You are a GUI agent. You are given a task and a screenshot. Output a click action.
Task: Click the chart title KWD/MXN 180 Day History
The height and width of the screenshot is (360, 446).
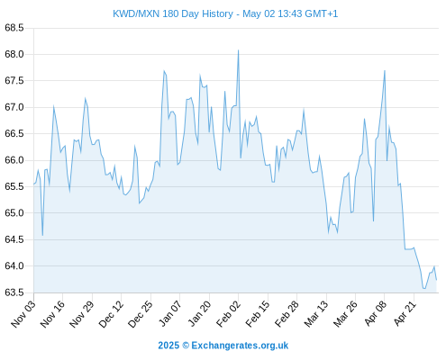pos(173,13)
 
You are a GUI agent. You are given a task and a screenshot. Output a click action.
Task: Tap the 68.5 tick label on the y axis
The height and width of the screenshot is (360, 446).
pos(14,28)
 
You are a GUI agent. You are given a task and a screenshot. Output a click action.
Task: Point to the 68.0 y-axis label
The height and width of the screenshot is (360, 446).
pos(14,54)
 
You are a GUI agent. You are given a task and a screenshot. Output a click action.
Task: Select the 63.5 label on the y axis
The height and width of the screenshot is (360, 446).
pos(14,292)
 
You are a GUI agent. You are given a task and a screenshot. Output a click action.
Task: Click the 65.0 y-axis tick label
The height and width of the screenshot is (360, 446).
pos(14,213)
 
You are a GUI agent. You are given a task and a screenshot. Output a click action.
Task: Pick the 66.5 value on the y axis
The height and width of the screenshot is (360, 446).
pos(14,133)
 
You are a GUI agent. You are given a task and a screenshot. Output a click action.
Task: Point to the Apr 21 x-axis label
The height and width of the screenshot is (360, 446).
pos(405,313)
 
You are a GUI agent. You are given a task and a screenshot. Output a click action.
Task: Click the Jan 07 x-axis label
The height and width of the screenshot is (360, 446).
pos(170,313)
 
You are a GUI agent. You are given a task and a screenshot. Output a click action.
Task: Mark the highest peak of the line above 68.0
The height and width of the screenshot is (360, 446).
pos(239,50)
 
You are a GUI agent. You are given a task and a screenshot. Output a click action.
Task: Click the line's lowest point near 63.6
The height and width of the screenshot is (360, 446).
pos(424,289)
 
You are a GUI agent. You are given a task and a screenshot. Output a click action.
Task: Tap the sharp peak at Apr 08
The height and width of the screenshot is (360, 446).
pos(385,70)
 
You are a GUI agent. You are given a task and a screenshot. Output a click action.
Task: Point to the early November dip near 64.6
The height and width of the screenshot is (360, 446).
pos(42,236)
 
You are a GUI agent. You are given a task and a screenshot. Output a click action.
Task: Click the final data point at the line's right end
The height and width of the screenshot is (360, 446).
pos(436,280)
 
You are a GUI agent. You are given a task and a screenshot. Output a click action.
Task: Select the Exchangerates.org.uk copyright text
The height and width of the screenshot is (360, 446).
pos(240,346)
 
